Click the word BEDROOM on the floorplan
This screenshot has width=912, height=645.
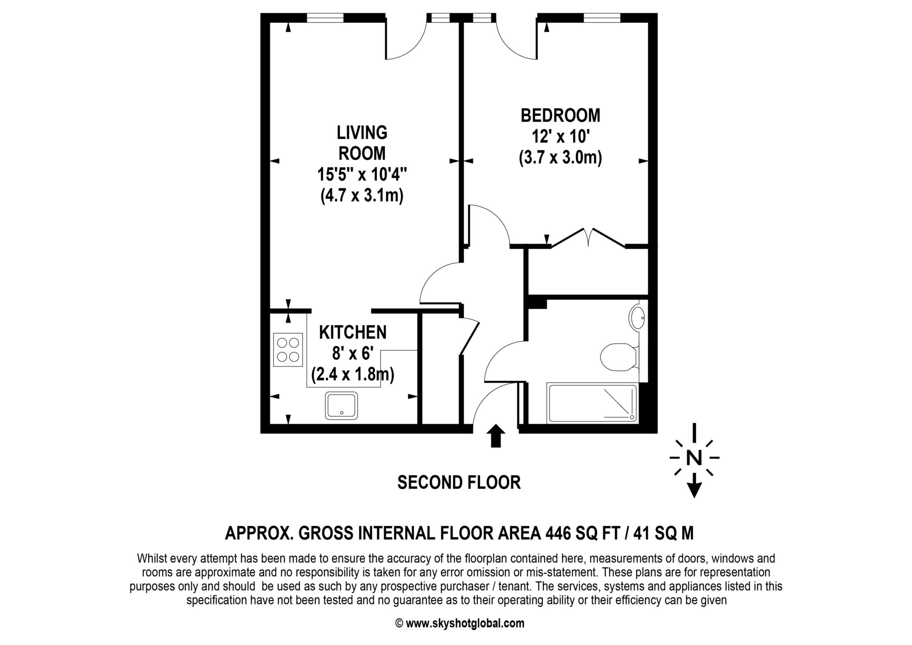click(x=560, y=116)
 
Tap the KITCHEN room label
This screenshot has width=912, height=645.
click(x=353, y=332)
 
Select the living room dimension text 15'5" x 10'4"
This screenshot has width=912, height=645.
click(x=362, y=174)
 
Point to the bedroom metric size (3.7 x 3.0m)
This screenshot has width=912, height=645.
click(x=560, y=158)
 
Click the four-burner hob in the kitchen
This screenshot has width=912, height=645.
click(x=288, y=350)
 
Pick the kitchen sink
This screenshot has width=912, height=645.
click(x=342, y=405)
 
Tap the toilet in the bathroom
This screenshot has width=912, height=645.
click(x=619, y=357)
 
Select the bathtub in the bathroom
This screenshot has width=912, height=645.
click(x=592, y=403)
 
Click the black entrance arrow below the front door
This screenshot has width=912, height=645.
click(x=496, y=435)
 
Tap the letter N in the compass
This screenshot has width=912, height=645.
click(x=694, y=458)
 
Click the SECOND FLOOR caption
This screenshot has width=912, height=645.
click(x=459, y=482)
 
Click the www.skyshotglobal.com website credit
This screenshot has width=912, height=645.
click(x=465, y=623)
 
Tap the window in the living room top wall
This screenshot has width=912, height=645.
click(x=326, y=18)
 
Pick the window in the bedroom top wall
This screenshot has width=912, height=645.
click(x=602, y=18)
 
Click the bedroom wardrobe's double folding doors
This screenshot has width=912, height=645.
click(x=588, y=238)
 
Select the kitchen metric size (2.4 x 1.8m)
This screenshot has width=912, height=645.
click(x=353, y=374)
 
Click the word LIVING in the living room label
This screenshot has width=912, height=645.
click(x=362, y=133)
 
